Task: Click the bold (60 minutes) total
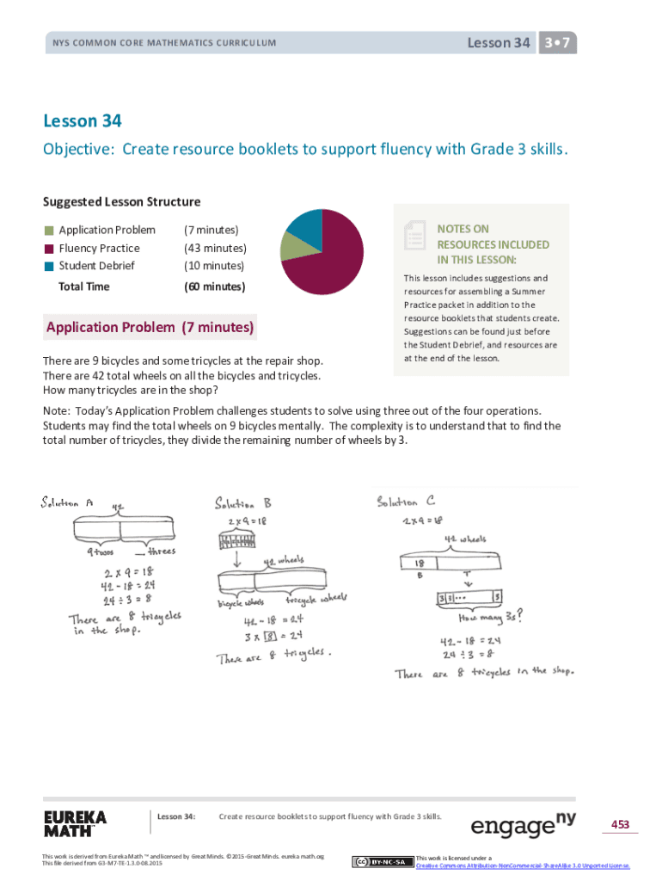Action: click(x=215, y=286)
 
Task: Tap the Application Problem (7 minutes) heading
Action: click(x=150, y=327)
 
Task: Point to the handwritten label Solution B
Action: click(x=243, y=502)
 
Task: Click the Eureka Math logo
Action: click(x=76, y=823)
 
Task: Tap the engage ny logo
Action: click(x=523, y=824)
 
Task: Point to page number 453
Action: click(x=620, y=824)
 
